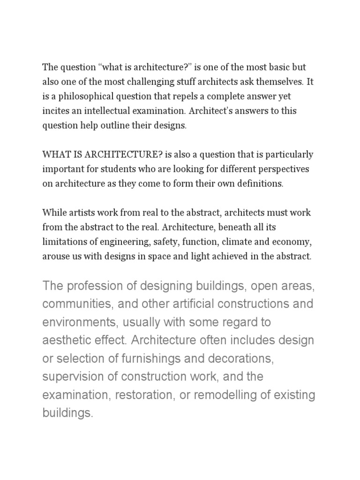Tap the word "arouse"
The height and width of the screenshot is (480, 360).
coord(54,256)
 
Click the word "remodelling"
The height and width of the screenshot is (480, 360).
coord(225,395)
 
